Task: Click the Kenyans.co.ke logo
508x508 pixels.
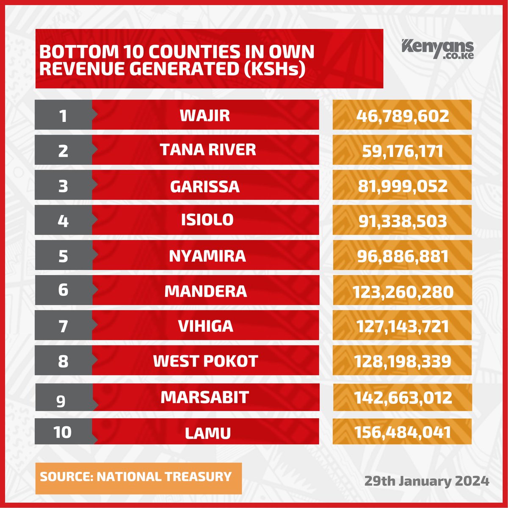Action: point(437,49)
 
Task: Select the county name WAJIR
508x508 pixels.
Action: point(205,115)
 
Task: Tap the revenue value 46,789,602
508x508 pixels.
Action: point(402,115)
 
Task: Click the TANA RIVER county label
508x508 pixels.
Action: point(208,150)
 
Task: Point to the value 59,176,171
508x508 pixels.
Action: point(402,151)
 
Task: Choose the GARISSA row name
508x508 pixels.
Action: point(205,186)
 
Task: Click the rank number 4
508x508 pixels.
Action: point(63,221)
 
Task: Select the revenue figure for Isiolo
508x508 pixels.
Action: point(402,221)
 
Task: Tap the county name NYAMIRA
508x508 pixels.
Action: point(207,256)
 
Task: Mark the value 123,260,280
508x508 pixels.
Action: point(402,291)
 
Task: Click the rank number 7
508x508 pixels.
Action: point(63,326)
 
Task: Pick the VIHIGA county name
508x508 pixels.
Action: point(205,326)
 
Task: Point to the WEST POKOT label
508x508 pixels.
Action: point(205,361)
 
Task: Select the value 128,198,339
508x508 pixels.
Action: point(402,361)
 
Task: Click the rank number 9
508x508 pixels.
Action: point(61,400)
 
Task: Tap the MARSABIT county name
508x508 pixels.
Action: point(205,397)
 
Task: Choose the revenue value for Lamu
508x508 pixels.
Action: point(402,432)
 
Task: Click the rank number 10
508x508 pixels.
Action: point(63,432)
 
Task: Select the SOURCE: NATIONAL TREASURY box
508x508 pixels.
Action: point(138,478)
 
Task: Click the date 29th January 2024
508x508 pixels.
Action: point(427,481)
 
